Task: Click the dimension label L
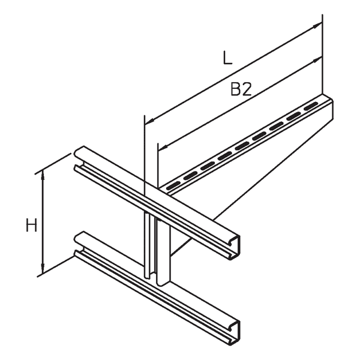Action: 226,58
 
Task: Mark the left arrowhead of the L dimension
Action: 148,118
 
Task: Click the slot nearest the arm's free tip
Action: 309,106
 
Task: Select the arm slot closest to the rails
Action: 175,182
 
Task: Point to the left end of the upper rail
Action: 78,157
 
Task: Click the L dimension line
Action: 233,72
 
